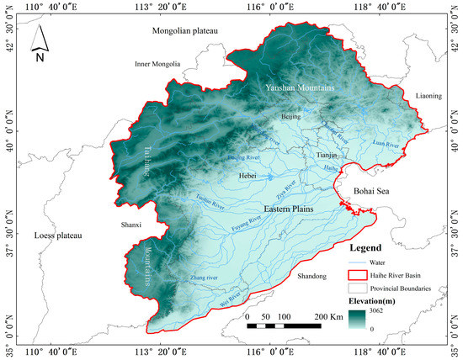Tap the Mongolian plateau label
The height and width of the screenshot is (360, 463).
click(184, 31)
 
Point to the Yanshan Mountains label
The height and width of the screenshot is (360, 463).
click(300, 87)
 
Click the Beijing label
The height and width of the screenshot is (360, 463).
click(290, 116)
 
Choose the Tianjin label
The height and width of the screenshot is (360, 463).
click(326, 156)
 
